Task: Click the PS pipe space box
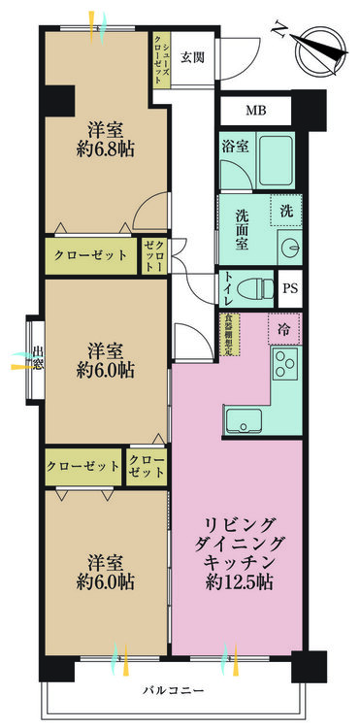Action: [x=290, y=288]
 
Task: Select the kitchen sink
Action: [x=244, y=421]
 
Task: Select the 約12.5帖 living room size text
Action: [x=237, y=583]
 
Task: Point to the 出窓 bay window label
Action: [x=37, y=358]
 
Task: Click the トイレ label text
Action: [x=228, y=287]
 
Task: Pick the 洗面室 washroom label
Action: [x=239, y=224]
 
